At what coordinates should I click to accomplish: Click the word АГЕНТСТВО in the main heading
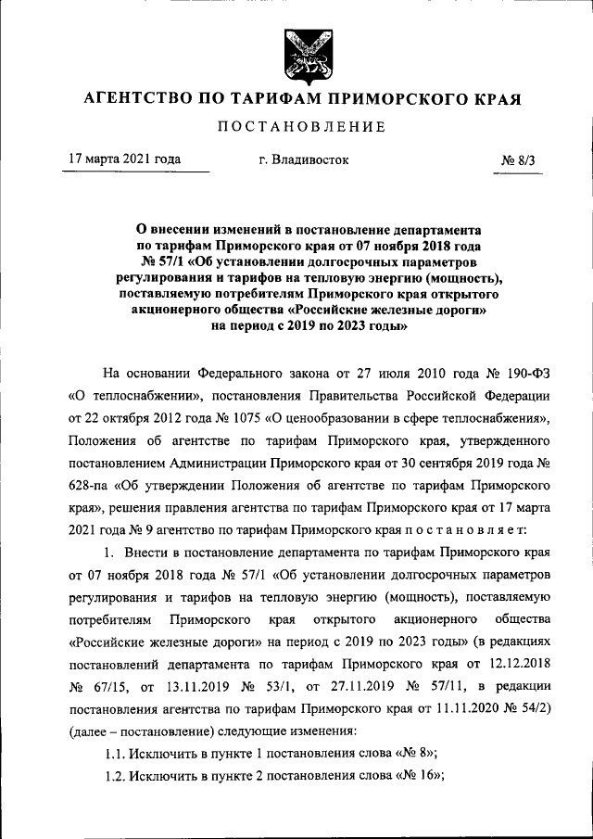[x=136, y=97]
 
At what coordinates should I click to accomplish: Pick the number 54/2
[x=531, y=709]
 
